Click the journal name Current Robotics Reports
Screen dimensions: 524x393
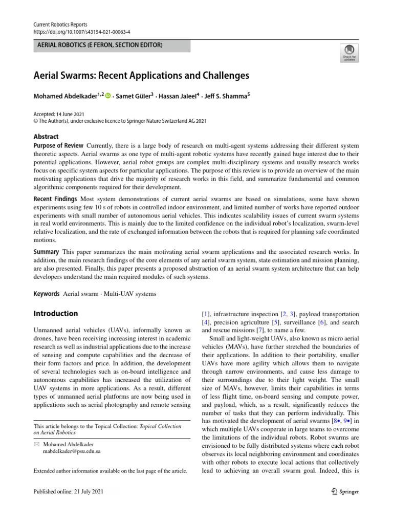coord(60,24)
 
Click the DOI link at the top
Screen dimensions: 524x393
coord(81,31)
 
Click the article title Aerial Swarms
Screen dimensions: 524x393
coord(141,76)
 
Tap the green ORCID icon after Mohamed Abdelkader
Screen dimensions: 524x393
coord(108,95)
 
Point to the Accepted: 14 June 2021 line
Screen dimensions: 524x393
coord(59,114)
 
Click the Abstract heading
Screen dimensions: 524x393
coord(46,137)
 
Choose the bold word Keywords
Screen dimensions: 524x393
coord(47,294)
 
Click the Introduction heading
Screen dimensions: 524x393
coord(56,314)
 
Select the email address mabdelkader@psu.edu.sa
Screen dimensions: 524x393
coord(72,452)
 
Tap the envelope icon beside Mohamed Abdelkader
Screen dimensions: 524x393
coord(36,445)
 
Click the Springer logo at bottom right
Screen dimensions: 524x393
coord(343,492)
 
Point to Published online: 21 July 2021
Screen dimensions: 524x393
coord(68,492)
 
